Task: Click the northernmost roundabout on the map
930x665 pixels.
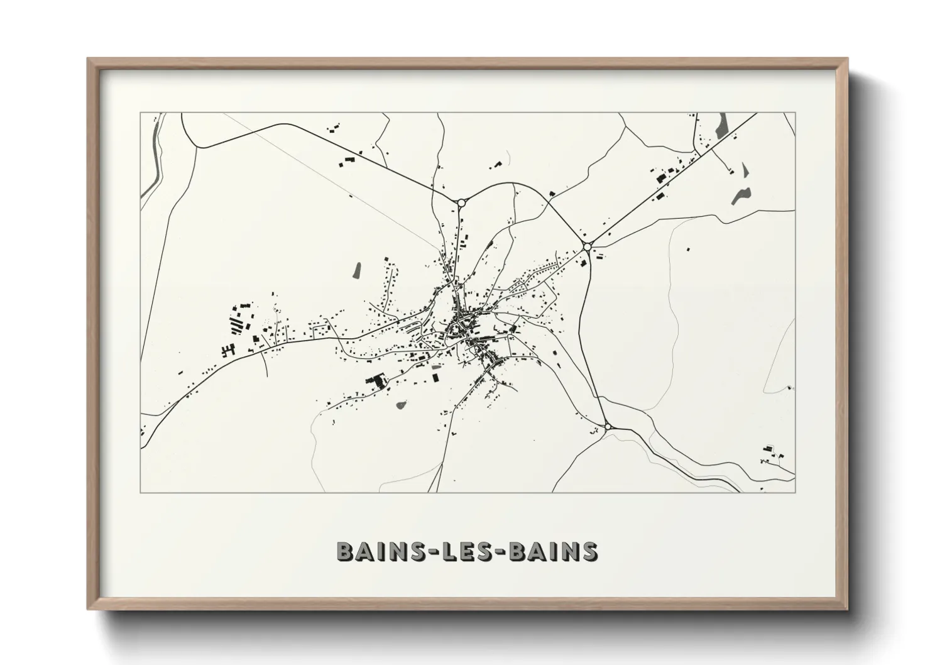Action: coord(461,202)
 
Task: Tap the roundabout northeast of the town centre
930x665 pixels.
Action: coord(586,246)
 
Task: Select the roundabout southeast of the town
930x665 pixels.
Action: coord(608,427)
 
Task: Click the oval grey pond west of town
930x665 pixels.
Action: coord(356,270)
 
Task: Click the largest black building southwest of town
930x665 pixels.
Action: coord(376,382)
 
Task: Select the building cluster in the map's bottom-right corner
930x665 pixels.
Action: coord(769,453)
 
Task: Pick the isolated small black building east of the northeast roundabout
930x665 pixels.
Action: coord(686,249)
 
